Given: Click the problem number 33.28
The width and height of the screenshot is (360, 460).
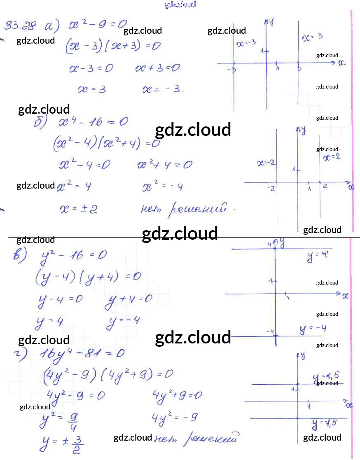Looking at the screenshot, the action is [20, 26].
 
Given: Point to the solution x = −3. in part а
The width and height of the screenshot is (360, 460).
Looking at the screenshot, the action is [162, 89].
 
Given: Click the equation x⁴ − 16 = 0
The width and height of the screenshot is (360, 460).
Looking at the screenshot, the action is [93, 122].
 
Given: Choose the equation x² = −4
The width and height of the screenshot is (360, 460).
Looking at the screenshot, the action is [162, 187].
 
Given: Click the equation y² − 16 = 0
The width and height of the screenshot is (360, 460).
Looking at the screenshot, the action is [74, 255].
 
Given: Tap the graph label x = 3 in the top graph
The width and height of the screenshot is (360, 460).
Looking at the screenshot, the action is [312, 37].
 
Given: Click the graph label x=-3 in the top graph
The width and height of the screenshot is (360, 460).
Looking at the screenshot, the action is [246, 42].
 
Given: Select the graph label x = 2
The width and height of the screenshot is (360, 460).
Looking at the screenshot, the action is [332, 157].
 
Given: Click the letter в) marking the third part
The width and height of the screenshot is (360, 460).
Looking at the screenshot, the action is [20, 255].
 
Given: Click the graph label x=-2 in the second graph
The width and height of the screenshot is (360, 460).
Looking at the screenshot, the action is [266, 163].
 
